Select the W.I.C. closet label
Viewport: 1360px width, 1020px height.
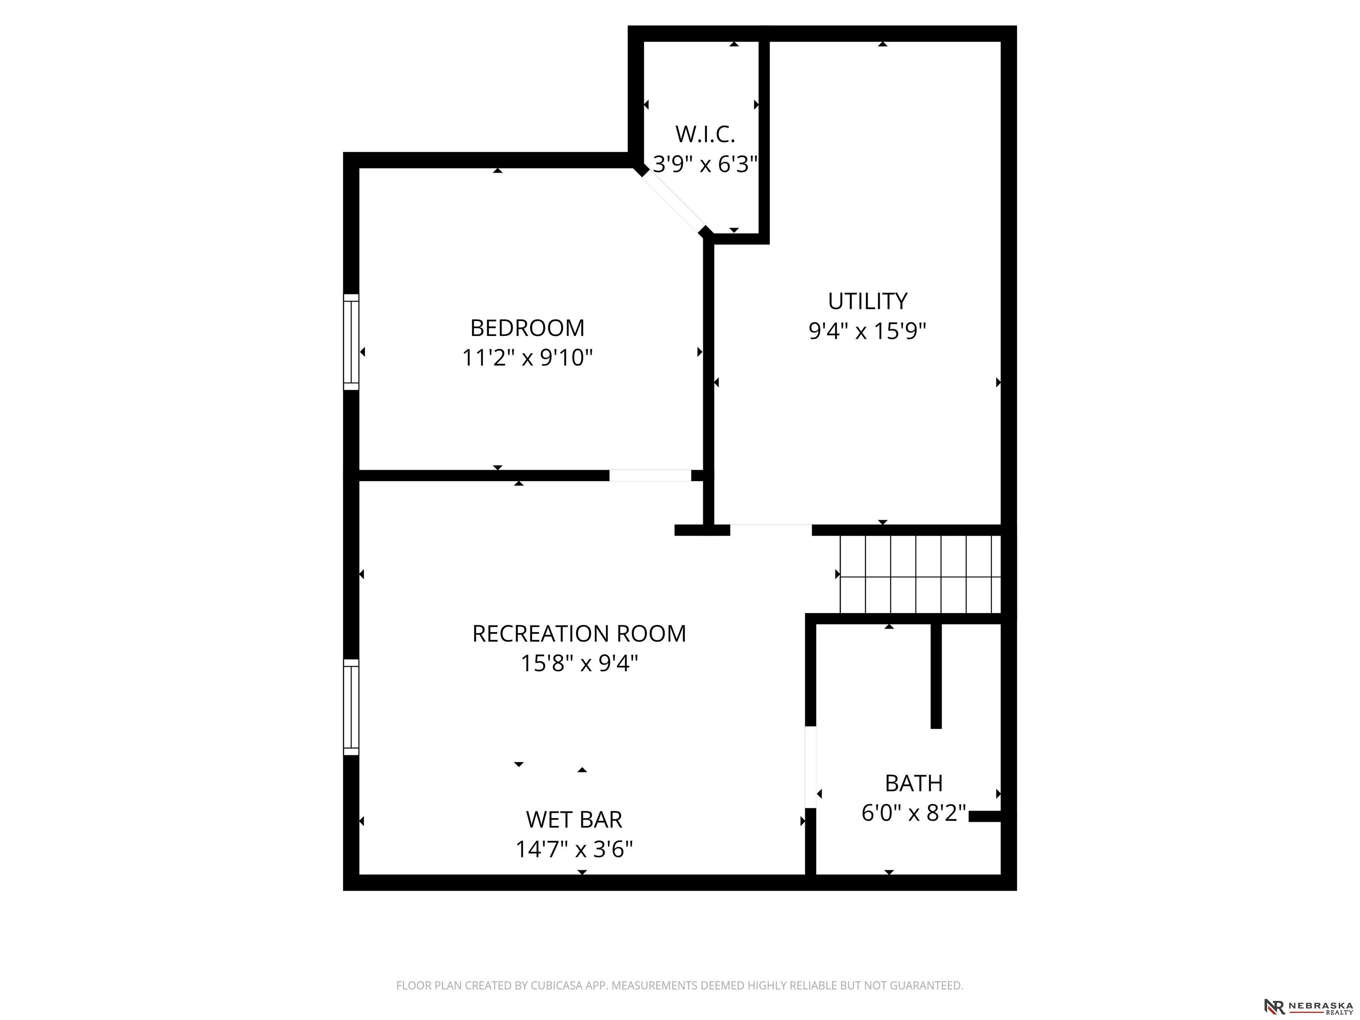coord(705,134)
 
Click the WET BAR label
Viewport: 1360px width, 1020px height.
coord(574,819)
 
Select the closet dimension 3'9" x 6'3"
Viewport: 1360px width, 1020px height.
coord(705,164)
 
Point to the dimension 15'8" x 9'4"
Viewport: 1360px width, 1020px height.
coord(579,664)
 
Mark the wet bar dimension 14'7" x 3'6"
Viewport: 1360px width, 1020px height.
coord(574,849)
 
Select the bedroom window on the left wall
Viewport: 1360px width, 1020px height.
coord(351,342)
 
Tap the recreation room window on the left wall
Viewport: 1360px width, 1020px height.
coord(351,707)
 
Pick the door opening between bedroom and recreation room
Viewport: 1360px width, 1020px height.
coord(650,475)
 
